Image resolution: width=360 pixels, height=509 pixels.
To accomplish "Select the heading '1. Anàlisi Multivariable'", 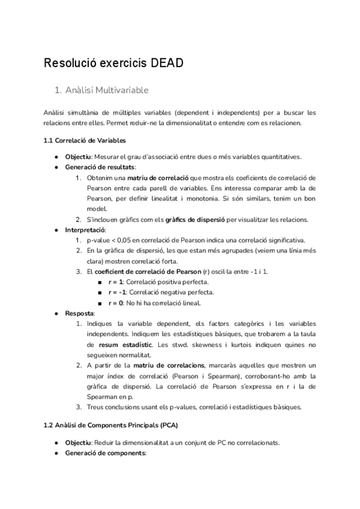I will tap(101, 91).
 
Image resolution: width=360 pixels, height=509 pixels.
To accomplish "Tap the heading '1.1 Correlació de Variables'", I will tap(85, 140).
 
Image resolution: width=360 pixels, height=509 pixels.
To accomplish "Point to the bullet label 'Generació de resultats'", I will tap(100, 167).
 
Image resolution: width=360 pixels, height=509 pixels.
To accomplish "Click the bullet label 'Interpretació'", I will tap(85, 229).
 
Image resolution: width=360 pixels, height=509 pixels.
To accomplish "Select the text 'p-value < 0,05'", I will tap(110, 240).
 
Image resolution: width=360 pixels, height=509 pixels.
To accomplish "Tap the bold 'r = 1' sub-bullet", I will tap(116, 282).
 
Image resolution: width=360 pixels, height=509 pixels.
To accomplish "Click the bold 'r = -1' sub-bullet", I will tap(117, 292).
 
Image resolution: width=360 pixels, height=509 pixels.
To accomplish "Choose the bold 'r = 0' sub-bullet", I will tap(116, 303).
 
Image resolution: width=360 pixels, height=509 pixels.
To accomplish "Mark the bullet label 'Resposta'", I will tap(79, 313).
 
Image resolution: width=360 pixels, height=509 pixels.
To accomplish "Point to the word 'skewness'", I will tap(203, 345).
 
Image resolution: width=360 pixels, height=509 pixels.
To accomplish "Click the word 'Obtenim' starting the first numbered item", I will tap(100, 178).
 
